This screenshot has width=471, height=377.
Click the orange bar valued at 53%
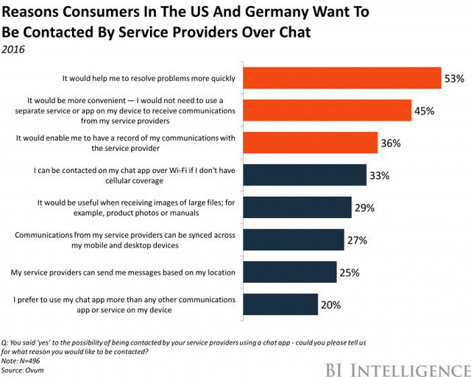tap(341, 77)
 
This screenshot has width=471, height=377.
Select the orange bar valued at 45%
tap(327, 109)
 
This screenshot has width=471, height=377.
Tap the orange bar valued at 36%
tap(310, 142)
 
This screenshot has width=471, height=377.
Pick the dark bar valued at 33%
tap(304, 175)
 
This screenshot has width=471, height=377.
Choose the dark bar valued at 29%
tap(297, 207)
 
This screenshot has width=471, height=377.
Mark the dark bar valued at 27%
tap(293, 240)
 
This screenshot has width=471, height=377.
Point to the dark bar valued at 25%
tap(289, 272)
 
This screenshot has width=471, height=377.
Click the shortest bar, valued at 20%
tap(280, 304)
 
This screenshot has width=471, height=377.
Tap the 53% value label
tap(453, 77)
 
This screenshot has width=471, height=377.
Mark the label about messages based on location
tap(122, 272)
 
